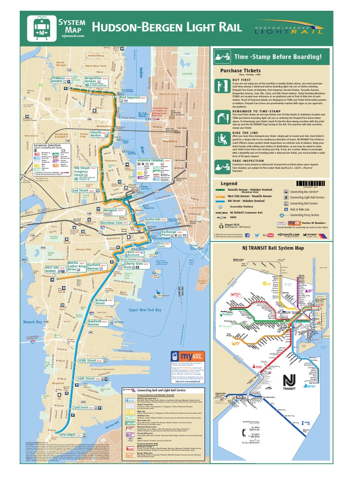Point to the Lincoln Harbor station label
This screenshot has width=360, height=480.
coord(96,135)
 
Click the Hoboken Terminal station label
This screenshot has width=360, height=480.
coord(150,160)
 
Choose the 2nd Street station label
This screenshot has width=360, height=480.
coord(80,191)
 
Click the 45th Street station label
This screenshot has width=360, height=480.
coord(88,360)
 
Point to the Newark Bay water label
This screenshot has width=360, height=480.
coord(32,322)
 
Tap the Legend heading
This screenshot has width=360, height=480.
coord(229,183)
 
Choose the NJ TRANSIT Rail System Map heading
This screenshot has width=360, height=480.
coord(273,248)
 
